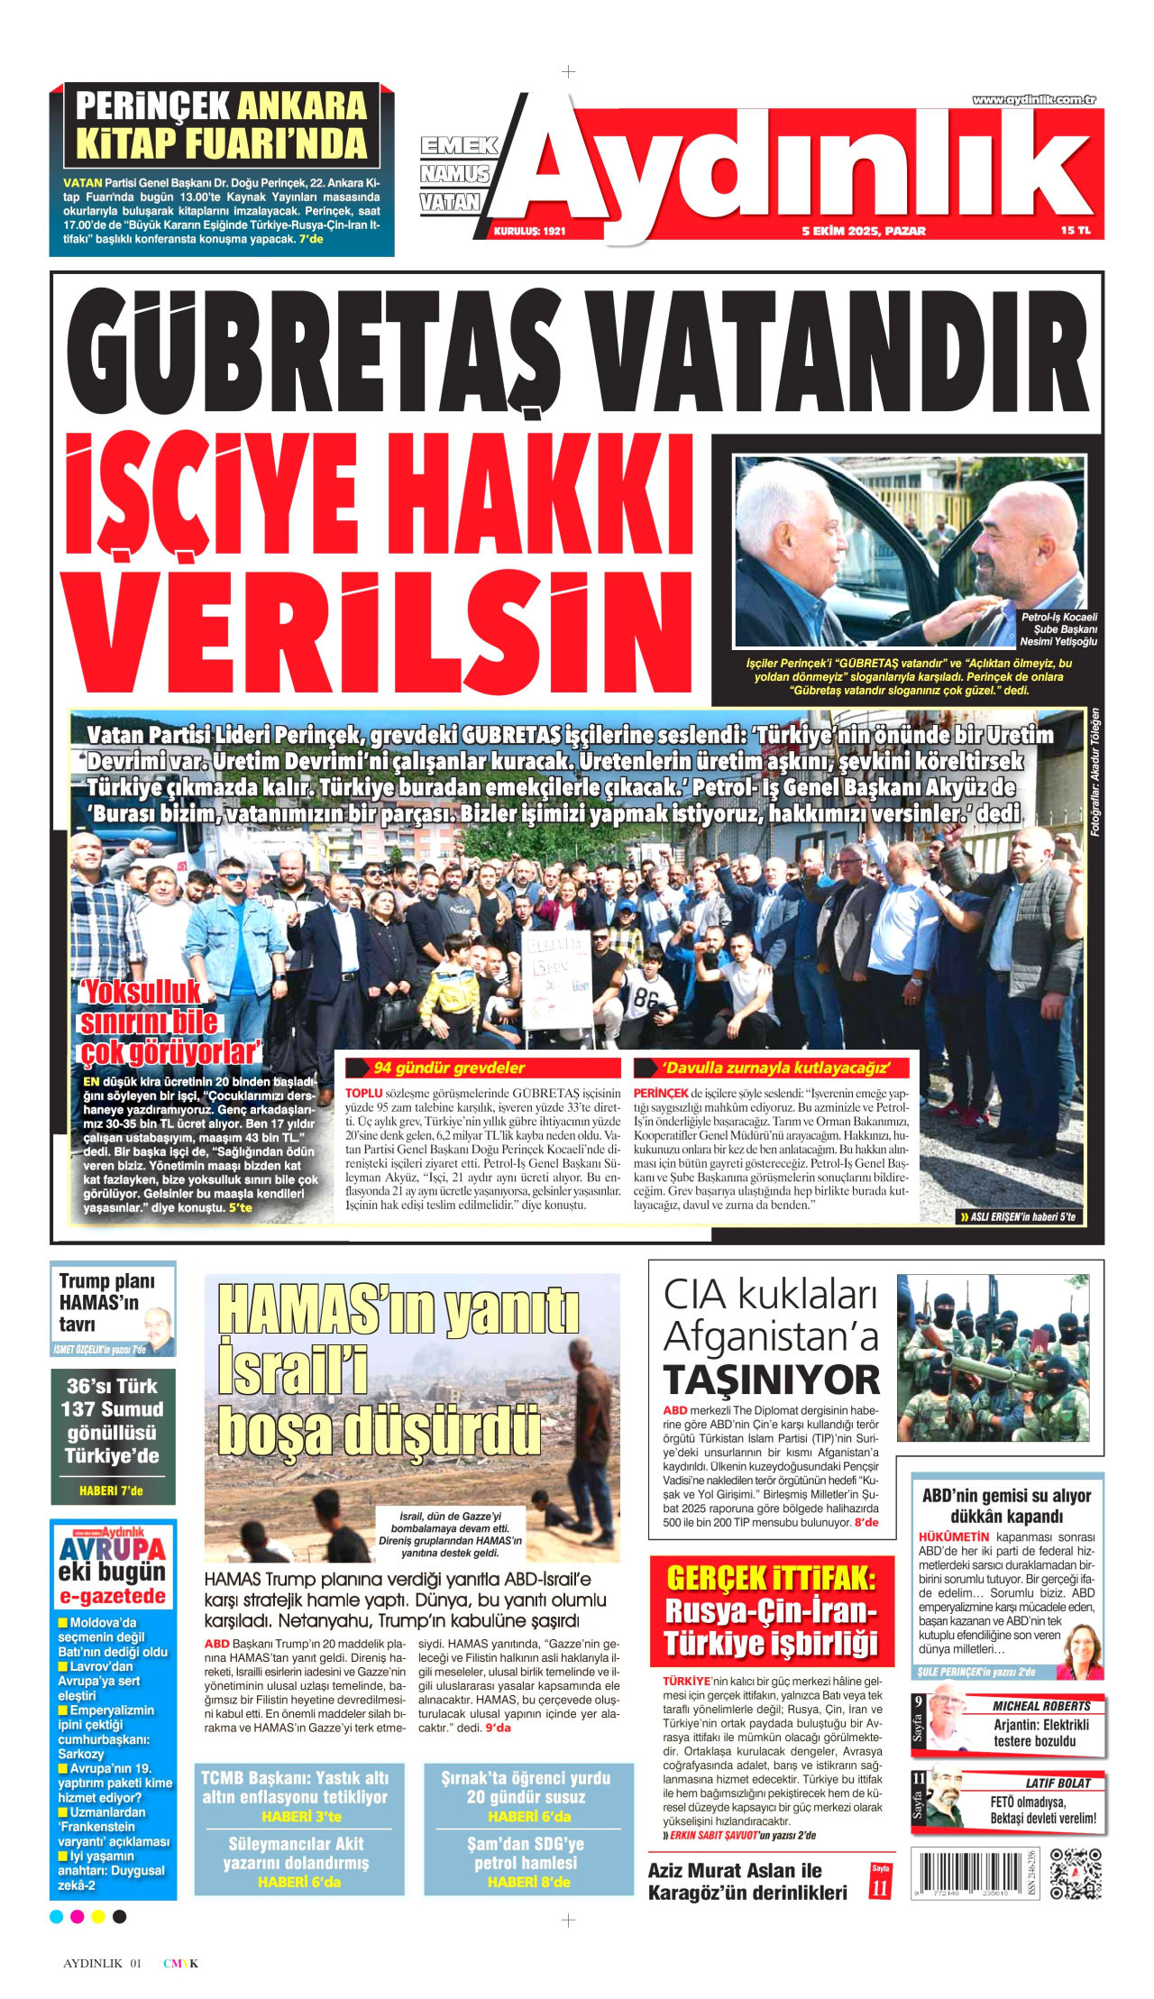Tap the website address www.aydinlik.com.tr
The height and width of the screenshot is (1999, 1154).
1033,100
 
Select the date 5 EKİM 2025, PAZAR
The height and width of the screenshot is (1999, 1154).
863,231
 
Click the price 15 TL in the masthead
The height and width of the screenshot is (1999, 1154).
1075,231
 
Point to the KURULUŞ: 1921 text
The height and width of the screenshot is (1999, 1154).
529,232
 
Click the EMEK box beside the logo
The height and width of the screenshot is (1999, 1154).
459,145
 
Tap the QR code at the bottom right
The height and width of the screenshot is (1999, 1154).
1076,1874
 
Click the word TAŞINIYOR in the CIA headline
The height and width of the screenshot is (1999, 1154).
771,1380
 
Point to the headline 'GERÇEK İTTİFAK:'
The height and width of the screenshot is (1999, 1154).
771,1579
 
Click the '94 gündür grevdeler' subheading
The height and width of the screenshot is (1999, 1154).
448,1068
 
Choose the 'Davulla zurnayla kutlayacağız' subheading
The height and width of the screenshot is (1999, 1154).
774,1068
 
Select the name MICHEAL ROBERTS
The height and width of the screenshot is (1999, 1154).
1040,1706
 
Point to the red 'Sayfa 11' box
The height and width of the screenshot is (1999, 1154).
880,1882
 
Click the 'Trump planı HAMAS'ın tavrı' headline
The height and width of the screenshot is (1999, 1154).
105,1302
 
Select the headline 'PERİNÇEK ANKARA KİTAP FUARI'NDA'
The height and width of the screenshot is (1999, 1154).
221,124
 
